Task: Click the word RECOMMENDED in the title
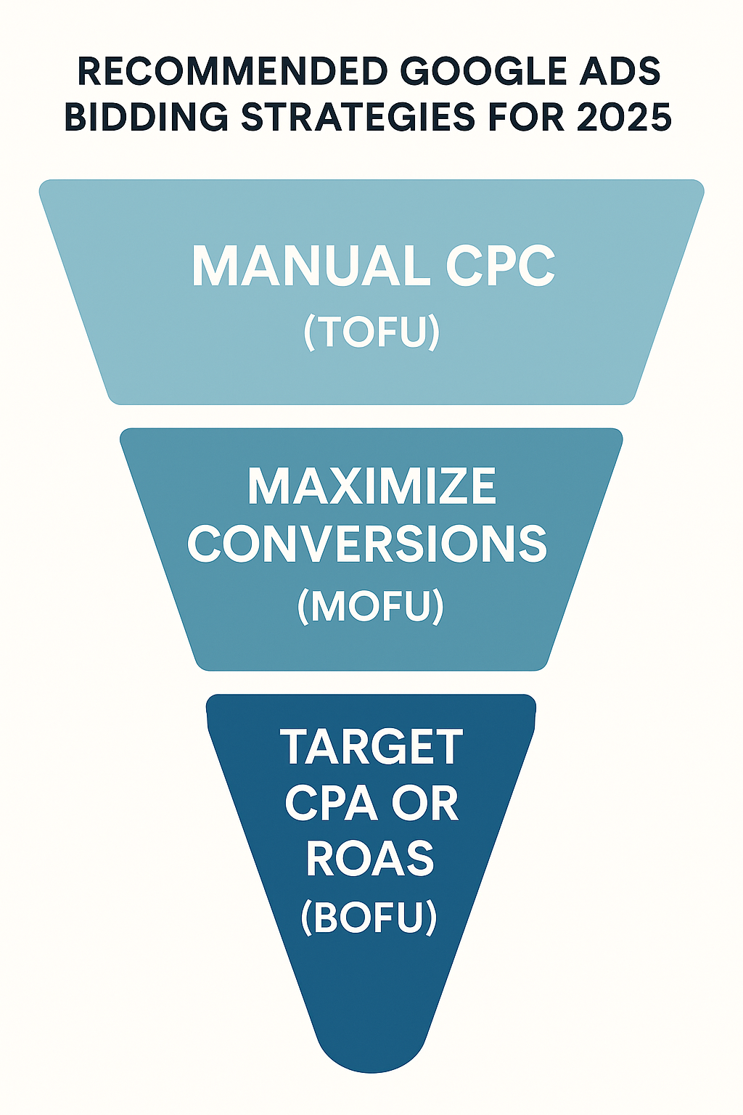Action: (232, 72)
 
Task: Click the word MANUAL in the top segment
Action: (311, 266)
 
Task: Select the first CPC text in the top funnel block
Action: (500, 266)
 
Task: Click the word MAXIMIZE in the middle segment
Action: (371, 486)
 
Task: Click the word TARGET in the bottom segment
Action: (371, 747)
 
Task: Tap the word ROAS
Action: (370, 859)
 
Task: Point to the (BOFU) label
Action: (369, 917)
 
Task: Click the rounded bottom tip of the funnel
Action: (371, 1053)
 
